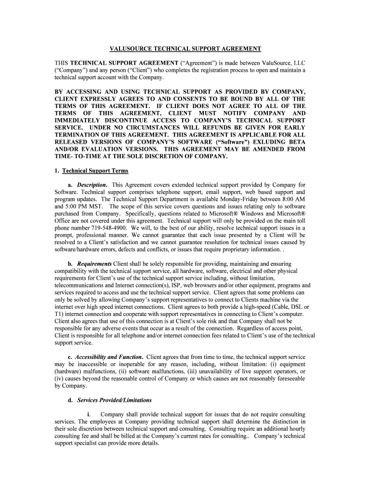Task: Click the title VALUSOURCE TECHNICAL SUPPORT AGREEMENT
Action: coord(185,49)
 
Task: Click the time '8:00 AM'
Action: coord(291,200)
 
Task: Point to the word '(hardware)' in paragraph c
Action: coord(70,371)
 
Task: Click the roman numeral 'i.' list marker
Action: coord(90,414)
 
